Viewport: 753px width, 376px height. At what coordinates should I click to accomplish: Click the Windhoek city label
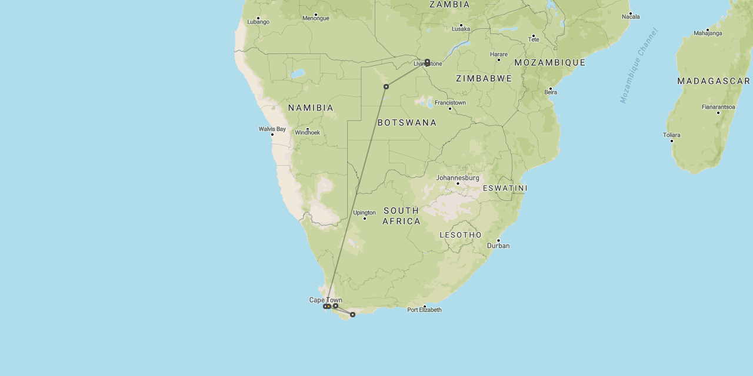[x=307, y=133]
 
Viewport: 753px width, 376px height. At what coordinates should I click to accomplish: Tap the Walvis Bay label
[x=272, y=129]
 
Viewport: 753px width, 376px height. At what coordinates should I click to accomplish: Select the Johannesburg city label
[x=457, y=178]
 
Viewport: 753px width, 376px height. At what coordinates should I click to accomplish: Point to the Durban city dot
[x=498, y=240]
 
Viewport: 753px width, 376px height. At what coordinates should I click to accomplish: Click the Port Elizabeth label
[x=424, y=310]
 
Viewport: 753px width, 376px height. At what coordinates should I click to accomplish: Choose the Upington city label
[x=364, y=213]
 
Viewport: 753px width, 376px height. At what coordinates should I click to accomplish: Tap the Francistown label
[x=450, y=103]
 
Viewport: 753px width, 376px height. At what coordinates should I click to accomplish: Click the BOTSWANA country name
[x=407, y=123]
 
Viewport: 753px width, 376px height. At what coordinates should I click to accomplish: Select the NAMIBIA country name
[x=311, y=108]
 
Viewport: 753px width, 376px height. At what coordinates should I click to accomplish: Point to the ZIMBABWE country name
[x=484, y=79]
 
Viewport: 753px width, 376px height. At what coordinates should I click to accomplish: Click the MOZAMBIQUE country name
[x=549, y=62]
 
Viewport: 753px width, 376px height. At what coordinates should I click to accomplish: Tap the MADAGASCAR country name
[x=714, y=81]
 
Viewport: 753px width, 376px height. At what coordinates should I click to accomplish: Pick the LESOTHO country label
[x=461, y=235]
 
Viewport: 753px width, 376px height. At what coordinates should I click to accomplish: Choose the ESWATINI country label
[x=505, y=188]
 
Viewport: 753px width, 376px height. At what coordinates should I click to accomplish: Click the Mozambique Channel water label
[x=639, y=66]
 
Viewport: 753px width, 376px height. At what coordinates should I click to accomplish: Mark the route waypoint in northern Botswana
[x=386, y=86]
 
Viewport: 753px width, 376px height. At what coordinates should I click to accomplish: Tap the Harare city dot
[x=499, y=60]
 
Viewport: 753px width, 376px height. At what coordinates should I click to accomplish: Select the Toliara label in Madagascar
[x=671, y=135]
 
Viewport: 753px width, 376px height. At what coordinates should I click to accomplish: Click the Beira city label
[x=551, y=92]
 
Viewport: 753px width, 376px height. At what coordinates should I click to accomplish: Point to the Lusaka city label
[x=461, y=29]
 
